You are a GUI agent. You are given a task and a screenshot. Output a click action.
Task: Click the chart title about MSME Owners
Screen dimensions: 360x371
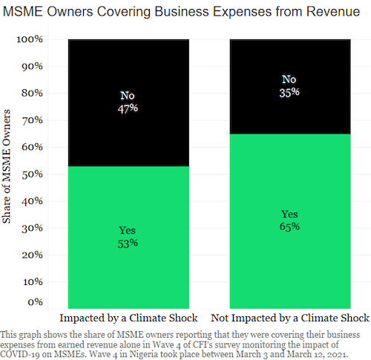(185, 12)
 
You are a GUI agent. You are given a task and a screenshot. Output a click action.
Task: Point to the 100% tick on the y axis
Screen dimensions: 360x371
(30, 39)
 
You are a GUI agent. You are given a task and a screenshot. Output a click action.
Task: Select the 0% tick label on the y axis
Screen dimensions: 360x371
(36, 302)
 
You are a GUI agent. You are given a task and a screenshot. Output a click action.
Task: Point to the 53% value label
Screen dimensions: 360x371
(128, 243)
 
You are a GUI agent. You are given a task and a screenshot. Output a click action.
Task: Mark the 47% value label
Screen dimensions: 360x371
(128, 108)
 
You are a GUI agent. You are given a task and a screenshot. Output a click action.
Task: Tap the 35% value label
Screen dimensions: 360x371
(289, 92)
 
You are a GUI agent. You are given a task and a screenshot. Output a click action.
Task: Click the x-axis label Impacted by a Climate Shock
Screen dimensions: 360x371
(128, 318)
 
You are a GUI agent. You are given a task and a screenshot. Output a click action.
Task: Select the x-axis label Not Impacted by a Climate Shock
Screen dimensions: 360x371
(289, 318)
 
